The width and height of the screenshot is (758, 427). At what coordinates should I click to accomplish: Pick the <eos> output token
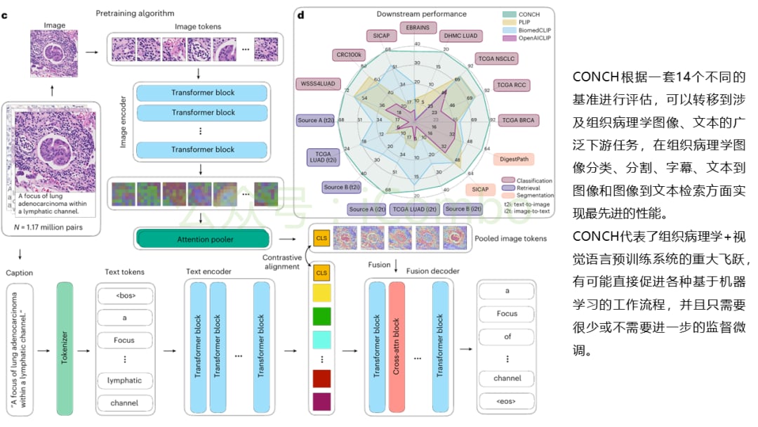point(507,402)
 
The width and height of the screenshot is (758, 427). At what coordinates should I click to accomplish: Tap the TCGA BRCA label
point(517,120)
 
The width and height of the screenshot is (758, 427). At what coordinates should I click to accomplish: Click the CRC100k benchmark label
point(348,55)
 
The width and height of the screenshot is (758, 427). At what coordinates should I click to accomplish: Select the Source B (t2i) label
point(342,187)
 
